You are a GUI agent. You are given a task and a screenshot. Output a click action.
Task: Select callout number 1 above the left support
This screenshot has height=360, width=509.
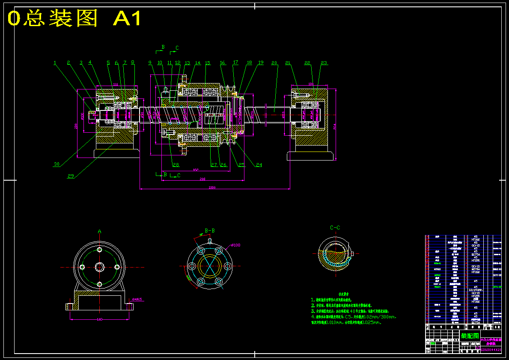click(x=55, y=62)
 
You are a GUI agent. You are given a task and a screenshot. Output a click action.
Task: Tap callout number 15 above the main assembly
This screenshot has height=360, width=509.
click(x=207, y=63)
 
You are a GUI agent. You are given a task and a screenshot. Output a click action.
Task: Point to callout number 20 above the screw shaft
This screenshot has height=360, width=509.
click(x=274, y=62)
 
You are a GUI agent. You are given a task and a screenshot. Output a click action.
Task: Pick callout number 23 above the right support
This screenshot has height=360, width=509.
click(x=324, y=62)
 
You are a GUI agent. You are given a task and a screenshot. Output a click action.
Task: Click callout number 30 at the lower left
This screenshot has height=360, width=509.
click(x=57, y=164)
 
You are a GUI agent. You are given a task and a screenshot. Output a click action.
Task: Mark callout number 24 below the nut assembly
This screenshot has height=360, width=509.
click(x=259, y=165)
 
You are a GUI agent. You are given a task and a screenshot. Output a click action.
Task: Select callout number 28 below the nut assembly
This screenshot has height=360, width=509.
click(x=176, y=165)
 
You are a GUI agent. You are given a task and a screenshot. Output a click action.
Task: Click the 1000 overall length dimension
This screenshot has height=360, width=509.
click(x=211, y=187)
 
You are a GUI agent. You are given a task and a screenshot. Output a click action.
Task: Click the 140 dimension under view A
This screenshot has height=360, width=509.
click(x=100, y=319)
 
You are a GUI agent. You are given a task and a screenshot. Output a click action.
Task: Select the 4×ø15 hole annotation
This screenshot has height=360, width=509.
click(x=137, y=299)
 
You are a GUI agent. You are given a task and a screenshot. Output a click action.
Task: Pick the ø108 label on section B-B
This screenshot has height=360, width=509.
click(x=236, y=245)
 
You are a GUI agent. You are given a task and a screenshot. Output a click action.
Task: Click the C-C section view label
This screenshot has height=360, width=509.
click(x=335, y=228)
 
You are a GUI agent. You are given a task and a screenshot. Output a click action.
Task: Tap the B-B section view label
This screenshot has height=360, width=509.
click(x=210, y=231)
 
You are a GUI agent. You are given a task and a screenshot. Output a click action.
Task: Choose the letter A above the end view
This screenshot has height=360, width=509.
click(x=99, y=232)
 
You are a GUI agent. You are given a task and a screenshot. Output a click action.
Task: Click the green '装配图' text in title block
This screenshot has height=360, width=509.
click(x=470, y=336)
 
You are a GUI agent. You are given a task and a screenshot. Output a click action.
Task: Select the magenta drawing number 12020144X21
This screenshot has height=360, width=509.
click(x=491, y=350)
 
